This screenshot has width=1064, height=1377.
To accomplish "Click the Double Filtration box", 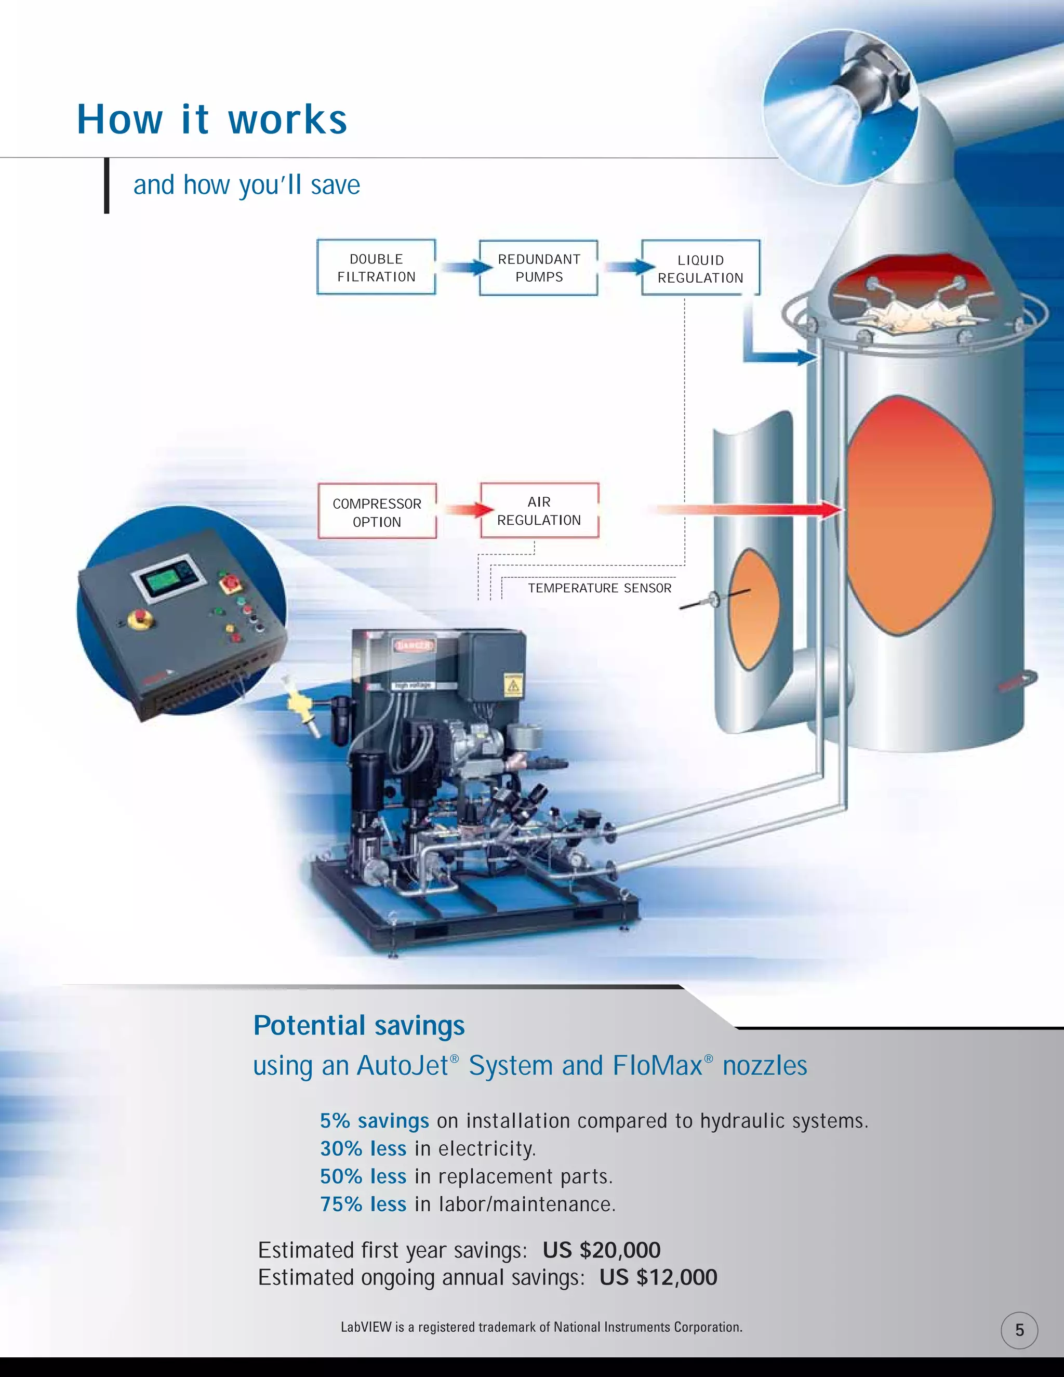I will (376, 267).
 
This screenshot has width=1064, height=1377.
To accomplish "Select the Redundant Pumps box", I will (538, 267).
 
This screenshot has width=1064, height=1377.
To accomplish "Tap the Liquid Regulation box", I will (700, 268).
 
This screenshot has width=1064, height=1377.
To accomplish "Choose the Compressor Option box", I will (377, 511).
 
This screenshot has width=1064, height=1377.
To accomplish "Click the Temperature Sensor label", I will (600, 588).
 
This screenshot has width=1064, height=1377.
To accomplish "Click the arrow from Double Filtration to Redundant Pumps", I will (465, 267).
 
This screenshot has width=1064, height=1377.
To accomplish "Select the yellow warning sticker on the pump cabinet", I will (514, 685).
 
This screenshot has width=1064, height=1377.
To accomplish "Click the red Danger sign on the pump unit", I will (414, 645).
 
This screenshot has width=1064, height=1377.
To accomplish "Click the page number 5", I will (1019, 1330).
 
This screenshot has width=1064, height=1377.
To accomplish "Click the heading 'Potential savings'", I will (358, 1025).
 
